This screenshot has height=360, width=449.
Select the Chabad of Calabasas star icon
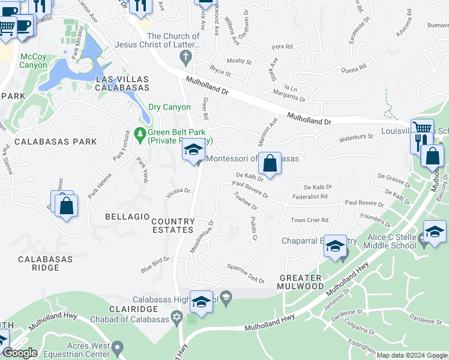(x=176, y=316)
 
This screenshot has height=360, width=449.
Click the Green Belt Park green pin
(x=140, y=133)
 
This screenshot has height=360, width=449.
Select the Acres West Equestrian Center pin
(x=118, y=347)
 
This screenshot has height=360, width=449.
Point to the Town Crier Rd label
(x=309, y=220)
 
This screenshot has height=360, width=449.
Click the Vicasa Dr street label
(x=178, y=191)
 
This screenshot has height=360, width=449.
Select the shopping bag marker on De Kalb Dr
(x=270, y=163)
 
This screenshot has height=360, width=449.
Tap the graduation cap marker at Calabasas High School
(x=201, y=302)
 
